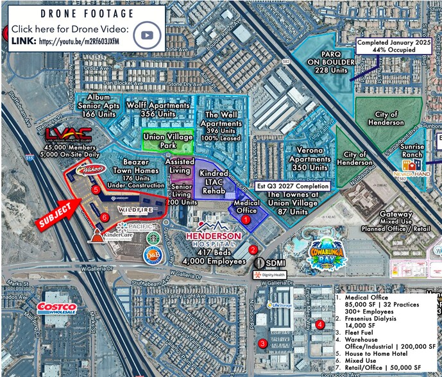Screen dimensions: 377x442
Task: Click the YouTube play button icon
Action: (x=150, y=34)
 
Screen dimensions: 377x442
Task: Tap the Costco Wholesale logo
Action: (x=57, y=308)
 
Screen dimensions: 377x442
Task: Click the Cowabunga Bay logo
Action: (x=330, y=252)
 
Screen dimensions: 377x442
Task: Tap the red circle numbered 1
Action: (x=246, y=219)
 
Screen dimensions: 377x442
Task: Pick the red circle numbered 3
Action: (x=262, y=343)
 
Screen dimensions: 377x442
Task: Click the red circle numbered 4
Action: (x=320, y=324)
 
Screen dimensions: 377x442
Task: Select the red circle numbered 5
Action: (x=96, y=190)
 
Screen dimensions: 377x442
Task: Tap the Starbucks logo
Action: (x=153, y=237)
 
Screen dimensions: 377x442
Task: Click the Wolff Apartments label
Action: (x=158, y=108)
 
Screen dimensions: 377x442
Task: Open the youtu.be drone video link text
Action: (x=81, y=42)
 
